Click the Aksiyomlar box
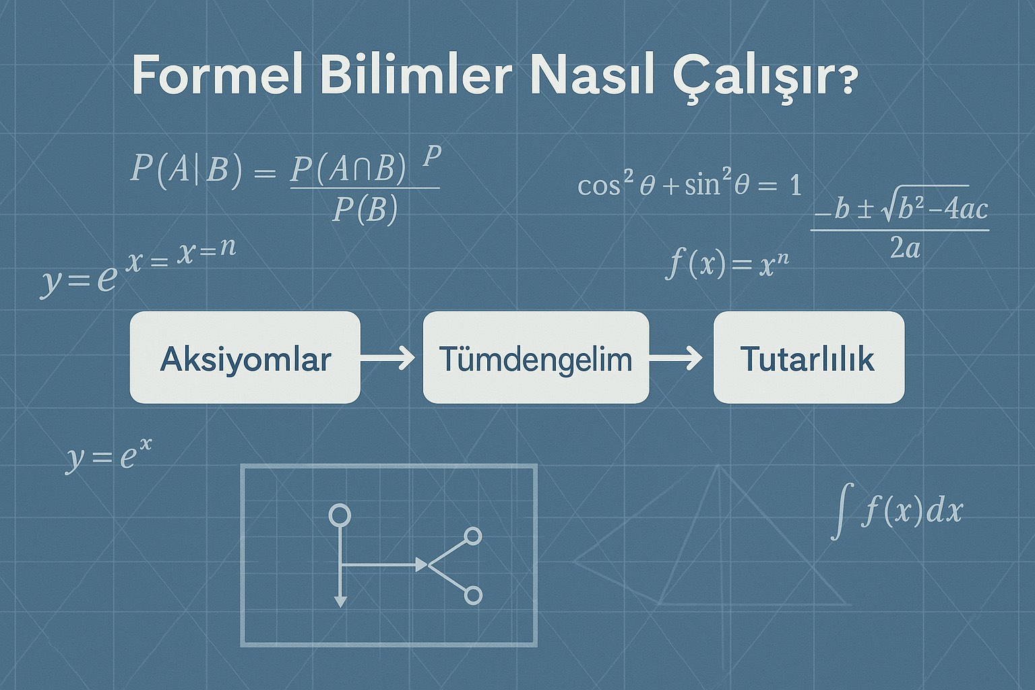(x=245, y=358)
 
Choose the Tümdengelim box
(x=536, y=358)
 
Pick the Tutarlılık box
(x=808, y=358)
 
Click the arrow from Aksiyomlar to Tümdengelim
(x=389, y=358)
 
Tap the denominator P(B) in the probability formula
(x=365, y=210)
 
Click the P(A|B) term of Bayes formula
(x=185, y=168)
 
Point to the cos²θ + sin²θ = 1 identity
(x=689, y=185)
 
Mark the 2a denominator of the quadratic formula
(x=904, y=249)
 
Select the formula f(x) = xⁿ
(x=726, y=263)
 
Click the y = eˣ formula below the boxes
(x=109, y=456)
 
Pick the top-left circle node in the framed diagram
(x=340, y=515)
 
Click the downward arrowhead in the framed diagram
(x=340, y=600)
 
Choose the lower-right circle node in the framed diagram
(x=473, y=596)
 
